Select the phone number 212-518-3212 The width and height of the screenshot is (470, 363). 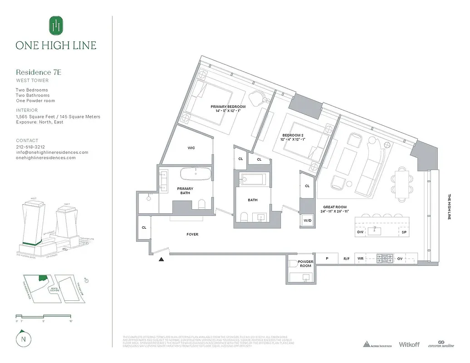[30, 147]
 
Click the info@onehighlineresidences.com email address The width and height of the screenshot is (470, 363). [52, 152]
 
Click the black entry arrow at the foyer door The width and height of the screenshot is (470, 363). [161, 260]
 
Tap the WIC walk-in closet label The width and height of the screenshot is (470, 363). [191, 148]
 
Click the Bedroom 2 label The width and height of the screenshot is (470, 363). [293, 135]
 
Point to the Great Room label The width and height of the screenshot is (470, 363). [335, 207]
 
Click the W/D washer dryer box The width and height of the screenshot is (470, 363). [307, 221]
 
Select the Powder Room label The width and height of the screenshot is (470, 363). [305, 264]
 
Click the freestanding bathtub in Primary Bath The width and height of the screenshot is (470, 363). [196, 174]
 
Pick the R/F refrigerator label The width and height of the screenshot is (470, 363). [347, 258]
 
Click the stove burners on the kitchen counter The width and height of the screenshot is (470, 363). [385, 258]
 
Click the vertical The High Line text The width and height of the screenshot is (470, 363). [450, 207]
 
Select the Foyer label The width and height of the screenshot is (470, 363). [192, 235]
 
